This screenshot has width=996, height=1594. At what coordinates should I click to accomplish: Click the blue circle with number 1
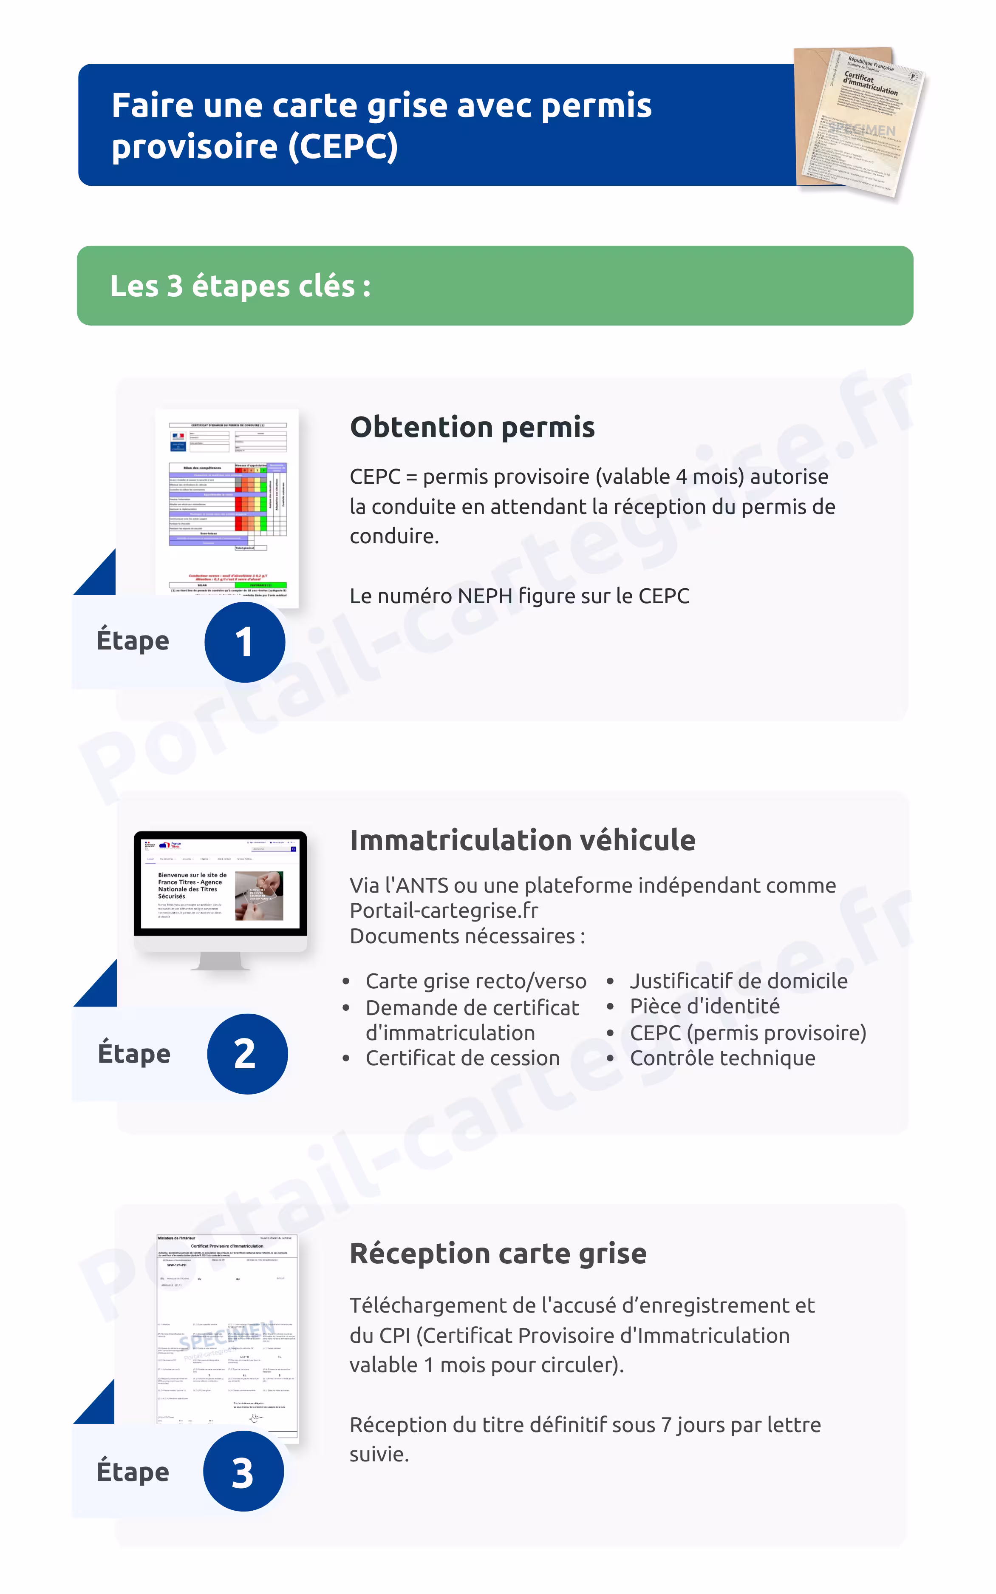pos(244,642)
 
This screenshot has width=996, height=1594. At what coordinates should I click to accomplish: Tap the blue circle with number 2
pos(247,1054)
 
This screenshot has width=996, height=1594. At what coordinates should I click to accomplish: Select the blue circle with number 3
pos(243,1472)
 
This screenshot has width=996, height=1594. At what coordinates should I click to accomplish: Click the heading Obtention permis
pos(473,427)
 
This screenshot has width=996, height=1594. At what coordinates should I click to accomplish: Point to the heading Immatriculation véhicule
pos(522,840)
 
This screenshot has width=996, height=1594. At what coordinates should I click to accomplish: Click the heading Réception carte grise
pos(498,1254)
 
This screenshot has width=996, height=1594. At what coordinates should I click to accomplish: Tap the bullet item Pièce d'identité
pos(704,1006)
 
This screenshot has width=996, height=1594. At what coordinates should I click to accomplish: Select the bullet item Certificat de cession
pos(462,1058)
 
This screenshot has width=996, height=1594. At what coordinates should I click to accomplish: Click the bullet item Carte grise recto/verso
pos(475,981)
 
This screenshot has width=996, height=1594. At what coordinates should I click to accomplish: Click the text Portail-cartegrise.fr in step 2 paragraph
pos(444,910)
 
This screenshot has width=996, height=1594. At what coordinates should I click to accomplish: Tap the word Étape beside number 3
pos(133,1472)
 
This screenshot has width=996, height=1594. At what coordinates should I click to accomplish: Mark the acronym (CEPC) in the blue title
pos(342,146)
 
